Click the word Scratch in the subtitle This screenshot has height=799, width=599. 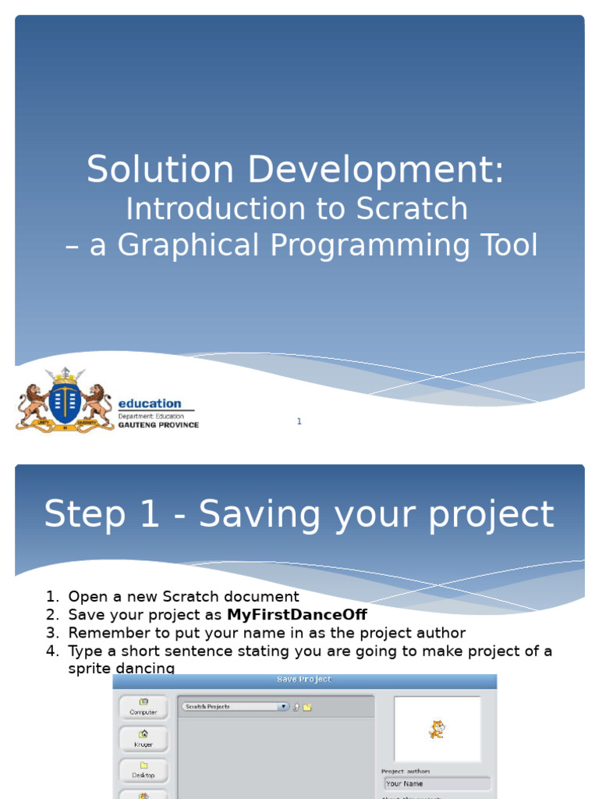pyautogui.click(x=412, y=209)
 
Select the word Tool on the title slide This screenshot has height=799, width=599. pyautogui.click(x=508, y=245)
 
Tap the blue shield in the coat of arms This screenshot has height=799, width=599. pyautogui.click(x=65, y=400)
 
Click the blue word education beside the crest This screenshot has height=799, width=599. pyautogui.click(x=149, y=403)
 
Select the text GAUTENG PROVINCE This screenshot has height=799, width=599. pyautogui.click(x=158, y=425)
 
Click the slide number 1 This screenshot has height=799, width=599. pyautogui.click(x=299, y=421)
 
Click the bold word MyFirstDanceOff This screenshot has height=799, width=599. pyautogui.click(x=296, y=615)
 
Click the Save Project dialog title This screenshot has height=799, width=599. pyautogui.click(x=304, y=680)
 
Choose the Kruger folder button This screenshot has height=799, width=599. pyautogui.click(x=144, y=738)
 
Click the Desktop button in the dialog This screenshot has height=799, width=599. pyautogui.click(x=144, y=770)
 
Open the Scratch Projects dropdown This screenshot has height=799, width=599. pyautogui.click(x=235, y=707)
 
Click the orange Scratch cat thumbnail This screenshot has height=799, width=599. pyautogui.click(x=437, y=730)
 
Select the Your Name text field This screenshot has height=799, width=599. pyautogui.click(x=437, y=783)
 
